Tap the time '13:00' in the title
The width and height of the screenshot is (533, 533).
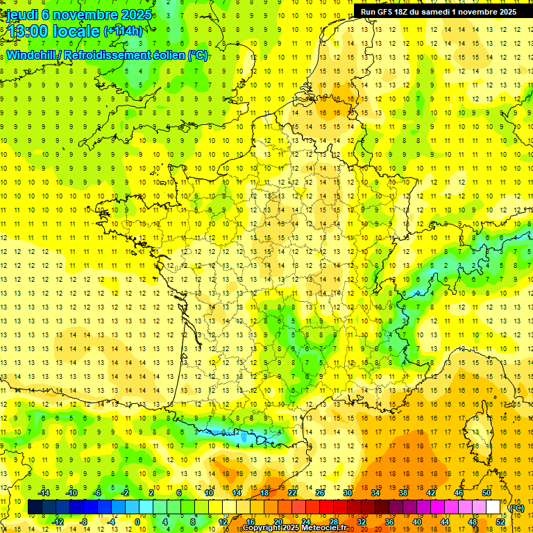click(x=25, y=31)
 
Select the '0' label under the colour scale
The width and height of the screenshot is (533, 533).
click(x=137, y=522)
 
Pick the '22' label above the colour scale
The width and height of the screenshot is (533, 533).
click(x=292, y=493)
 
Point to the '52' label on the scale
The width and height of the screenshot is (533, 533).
click(x=500, y=522)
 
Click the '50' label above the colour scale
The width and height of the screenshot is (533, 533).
click(x=486, y=493)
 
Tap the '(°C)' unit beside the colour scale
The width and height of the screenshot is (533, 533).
click(x=517, y=508)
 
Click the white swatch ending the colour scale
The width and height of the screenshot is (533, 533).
click(x=493, y=507)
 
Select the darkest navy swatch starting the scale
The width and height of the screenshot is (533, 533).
click(x=35, y=507)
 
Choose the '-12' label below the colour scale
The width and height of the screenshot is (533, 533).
click(x=58, y=522)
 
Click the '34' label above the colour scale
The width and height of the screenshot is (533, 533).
click(x=375, y=493)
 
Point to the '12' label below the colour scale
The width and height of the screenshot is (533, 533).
click(x=223, y=522)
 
